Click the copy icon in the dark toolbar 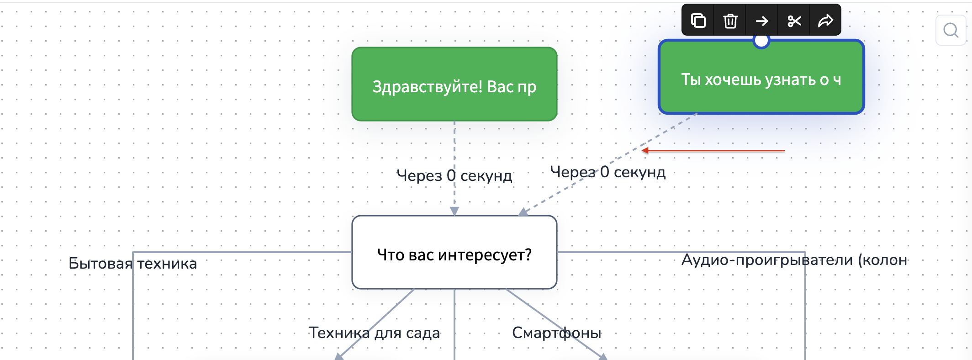pos(698,21)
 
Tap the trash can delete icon pos(730,21)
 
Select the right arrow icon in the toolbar pos(761,21)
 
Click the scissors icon pos(794,21)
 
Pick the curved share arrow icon pos(825,21)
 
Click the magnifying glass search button pos(951,30)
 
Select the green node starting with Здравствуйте pos(454,84)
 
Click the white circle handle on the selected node pos(761,41)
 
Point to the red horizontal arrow pos(713,150)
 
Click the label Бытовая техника pos(132,264)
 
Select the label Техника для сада pos(374,333)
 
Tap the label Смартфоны pos(556,333)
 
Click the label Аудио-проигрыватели pos(794,260)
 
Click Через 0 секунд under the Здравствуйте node pos(454,175)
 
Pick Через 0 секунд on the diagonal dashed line pos(607,172)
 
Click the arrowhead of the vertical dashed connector pos(454,211)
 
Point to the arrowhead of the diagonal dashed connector pos(523,212)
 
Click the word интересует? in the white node pos(484,255)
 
